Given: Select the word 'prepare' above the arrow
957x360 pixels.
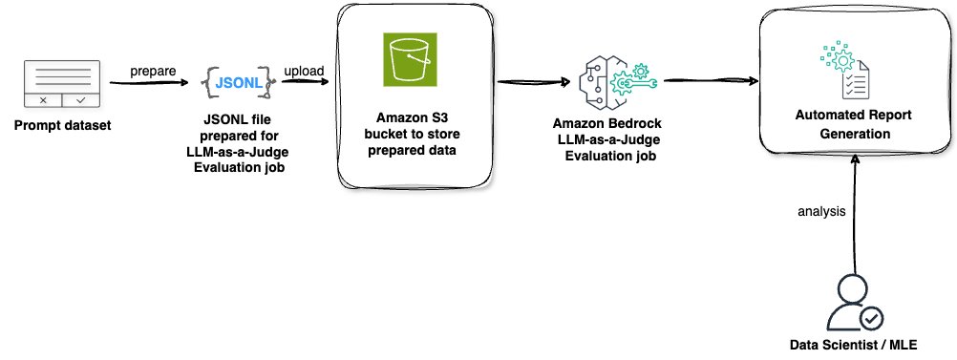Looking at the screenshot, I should [153, 70].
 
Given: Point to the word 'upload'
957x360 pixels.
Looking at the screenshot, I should [303, 70].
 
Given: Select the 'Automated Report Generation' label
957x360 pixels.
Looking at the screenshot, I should [841, 124].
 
